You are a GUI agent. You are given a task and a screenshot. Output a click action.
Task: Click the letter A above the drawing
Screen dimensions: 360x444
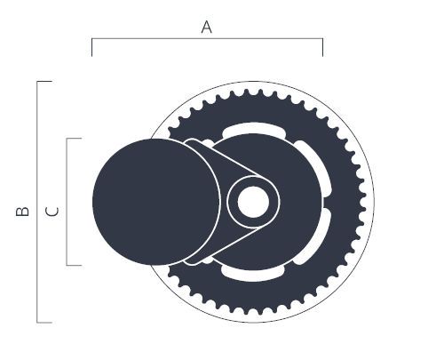[x=206, y=28]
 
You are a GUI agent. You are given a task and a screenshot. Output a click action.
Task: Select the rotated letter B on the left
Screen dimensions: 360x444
[x=23, y=211]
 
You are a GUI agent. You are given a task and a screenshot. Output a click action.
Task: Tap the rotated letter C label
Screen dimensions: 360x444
[x=52, y=211]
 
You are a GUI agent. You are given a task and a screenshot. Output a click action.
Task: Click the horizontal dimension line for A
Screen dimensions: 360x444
[x=207, y=39]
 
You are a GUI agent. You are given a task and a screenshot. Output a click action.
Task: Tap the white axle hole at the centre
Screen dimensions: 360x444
[x=253, y=202]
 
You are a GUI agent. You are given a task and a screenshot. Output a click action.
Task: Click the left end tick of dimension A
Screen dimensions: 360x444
[x=91, y=48]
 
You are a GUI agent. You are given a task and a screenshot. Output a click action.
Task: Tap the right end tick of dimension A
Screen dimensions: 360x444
[x=322, y=48]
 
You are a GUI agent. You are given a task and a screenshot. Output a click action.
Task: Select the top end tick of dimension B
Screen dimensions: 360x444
[x=44, y=81]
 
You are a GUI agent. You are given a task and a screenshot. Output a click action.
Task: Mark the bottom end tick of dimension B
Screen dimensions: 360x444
[x=44, y=322]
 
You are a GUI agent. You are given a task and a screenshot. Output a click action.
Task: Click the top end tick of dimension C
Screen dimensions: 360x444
[x=74, y=139]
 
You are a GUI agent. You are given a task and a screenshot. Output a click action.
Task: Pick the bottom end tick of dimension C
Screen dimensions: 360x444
[x=74, y=265]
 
